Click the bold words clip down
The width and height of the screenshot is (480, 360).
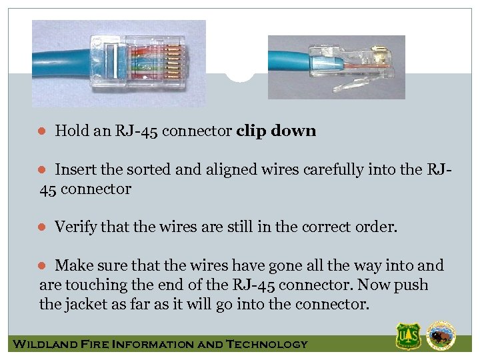click(276, 131)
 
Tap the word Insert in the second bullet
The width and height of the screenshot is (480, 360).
click(75, 170)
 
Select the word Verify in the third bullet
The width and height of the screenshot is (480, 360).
click(75, 227)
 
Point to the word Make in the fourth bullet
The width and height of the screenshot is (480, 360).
click(73, 266)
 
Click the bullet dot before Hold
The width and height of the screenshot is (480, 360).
click(41, 131)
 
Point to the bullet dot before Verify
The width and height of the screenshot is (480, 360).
click(41, 227)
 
